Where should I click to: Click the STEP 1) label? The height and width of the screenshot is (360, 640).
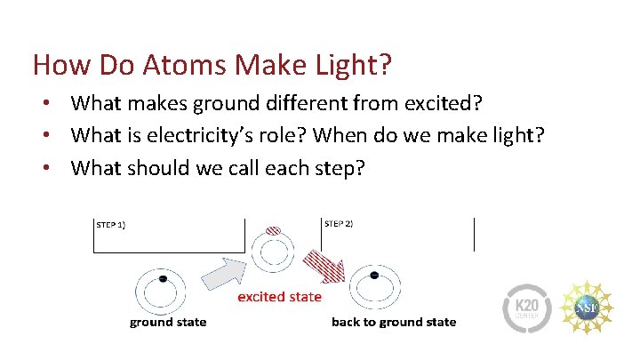[111, 225]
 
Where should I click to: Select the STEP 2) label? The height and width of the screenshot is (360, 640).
[339, 223]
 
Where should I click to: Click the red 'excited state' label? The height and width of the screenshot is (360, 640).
[279, 296]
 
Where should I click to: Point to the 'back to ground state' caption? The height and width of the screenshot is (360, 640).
[393, 322]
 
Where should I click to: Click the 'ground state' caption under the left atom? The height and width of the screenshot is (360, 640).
[168, 322]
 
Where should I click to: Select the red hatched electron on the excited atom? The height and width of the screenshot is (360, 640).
[274, 230]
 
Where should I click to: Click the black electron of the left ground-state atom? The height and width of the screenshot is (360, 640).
[162, 279]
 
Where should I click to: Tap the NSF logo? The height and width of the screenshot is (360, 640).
[588, 308]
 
